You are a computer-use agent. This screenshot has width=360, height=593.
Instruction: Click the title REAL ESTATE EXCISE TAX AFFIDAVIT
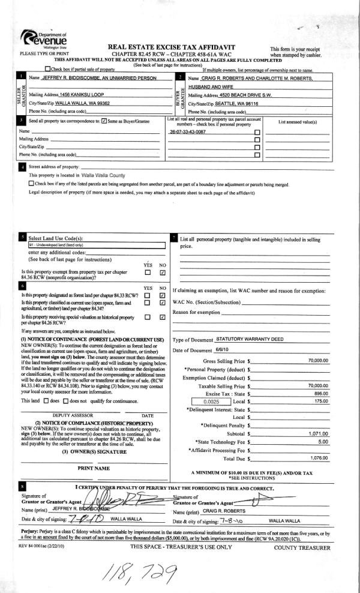pos(170,47)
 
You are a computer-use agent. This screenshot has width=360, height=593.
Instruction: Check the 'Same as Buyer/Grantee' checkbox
pos(105,122)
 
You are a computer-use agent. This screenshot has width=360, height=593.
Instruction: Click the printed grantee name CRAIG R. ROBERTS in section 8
pos(215,493)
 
